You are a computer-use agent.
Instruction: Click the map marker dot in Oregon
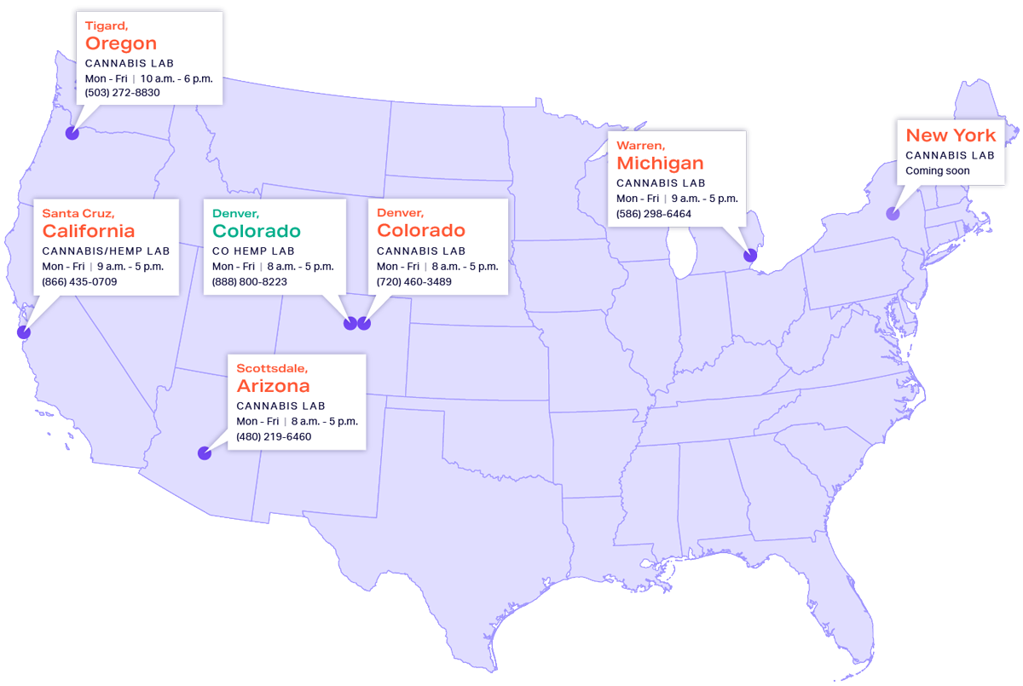72,134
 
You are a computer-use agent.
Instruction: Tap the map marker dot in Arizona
205,453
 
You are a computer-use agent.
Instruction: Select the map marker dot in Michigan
750,255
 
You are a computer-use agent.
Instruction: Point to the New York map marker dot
893,214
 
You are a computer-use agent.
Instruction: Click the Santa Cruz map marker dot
23,332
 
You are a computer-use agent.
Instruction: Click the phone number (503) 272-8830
122,92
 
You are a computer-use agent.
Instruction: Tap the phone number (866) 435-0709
79,281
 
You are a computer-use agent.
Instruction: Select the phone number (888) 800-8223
249,281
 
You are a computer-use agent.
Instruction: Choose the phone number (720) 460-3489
413,281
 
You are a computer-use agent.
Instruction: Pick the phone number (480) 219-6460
274,436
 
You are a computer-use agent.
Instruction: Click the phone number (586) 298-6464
654,214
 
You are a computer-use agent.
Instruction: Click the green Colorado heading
256,231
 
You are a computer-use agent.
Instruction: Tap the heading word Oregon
121,43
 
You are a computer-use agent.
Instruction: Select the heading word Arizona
273,386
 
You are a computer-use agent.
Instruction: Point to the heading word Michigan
660,163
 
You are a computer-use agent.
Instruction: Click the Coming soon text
937,170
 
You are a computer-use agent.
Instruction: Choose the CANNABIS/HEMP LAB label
106,251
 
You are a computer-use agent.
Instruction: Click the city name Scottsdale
271,368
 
